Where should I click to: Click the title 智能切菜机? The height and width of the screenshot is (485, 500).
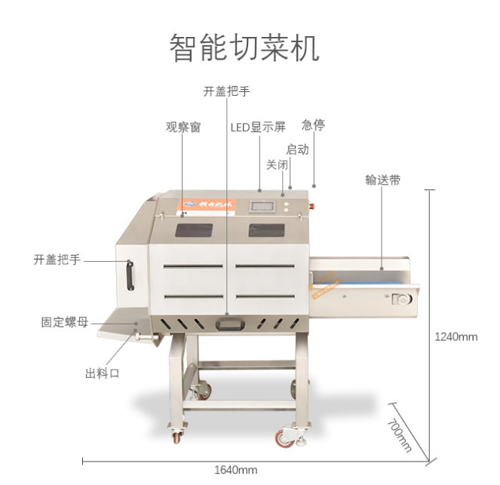click(x=244, y=48)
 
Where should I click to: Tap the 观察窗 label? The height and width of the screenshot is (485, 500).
click(x=183, y=127)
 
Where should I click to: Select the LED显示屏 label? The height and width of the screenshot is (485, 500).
click(x=258, y=127)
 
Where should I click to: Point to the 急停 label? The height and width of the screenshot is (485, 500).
click(x=313, y=125)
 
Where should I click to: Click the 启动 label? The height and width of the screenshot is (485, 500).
click(x=297, y=149)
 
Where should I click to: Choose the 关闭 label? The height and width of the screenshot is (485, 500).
click(x=277, y=164)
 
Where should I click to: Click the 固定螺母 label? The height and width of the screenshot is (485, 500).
click(x=64, y=322)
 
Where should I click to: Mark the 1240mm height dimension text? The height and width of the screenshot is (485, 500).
click(x=456, y=336)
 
